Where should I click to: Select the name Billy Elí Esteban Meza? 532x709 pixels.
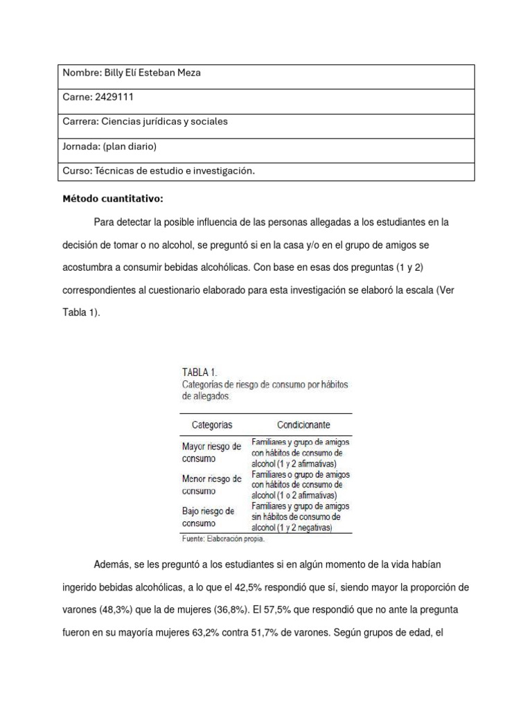click(152, 73)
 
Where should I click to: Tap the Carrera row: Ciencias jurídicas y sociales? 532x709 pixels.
click(145, 121)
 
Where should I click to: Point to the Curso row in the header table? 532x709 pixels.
click(154, 170)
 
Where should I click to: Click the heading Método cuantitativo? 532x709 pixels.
click(113, 199)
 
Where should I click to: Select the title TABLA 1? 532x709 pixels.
click(199, 372)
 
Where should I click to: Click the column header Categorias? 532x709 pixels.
click(207, 424)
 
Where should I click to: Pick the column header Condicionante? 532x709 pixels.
click(303, 424)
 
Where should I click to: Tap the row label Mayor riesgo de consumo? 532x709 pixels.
click(211, 452)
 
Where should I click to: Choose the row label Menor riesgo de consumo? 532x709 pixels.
click(211, 484)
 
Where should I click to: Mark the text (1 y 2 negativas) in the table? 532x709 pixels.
click(301, 528)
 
